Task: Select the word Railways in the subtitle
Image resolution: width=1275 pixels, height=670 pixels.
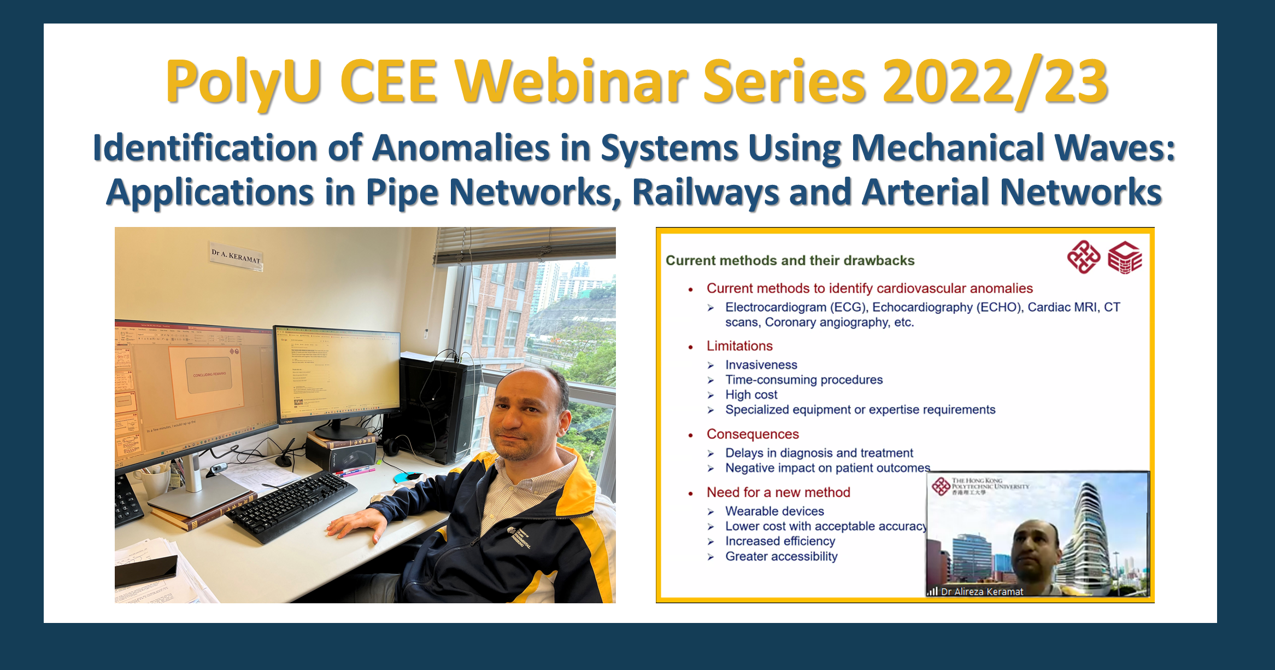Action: click(x=705, y=193)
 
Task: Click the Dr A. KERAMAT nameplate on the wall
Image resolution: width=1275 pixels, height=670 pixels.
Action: click(x=236, y=256)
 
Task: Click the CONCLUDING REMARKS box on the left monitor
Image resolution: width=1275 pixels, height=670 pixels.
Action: click(x=209, y=375)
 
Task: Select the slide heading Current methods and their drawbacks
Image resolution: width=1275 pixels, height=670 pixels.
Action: click(x=790, y=260)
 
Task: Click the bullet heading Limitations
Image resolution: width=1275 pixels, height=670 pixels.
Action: click(x=739, y=346)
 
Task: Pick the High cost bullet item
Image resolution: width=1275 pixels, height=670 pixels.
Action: click(x=751, y=395)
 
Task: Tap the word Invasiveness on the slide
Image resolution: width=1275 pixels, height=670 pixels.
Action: click(x=761, y=365)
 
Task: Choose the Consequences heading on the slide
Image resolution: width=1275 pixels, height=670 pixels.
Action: click(x=753, y=434)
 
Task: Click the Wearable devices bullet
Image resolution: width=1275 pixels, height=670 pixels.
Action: click(x=774, y=511)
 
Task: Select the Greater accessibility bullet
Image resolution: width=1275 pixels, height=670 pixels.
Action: click(x=781, y=556)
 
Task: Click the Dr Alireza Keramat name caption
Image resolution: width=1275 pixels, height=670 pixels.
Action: click(x=982, y=591)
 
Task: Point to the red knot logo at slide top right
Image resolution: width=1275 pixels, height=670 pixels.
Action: click(x=1083, y=257)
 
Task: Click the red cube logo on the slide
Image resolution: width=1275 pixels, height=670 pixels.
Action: click(x=1125, y=258)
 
